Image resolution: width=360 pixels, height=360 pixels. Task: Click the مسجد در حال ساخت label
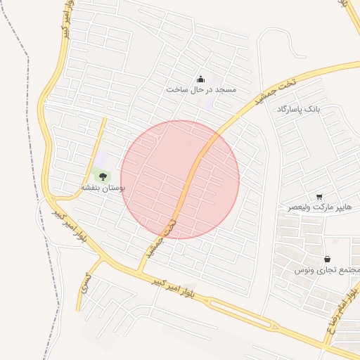202,89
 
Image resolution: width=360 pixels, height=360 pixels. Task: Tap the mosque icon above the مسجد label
200,79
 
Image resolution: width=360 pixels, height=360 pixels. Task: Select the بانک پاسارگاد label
298,110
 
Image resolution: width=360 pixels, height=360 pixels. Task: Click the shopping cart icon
320,197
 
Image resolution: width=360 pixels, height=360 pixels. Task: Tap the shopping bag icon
328,259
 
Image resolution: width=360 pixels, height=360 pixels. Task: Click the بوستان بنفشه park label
103,188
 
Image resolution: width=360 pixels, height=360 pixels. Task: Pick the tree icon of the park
103,176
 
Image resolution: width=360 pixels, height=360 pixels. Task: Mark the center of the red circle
180,179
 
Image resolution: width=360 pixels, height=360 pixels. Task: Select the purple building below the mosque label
209,103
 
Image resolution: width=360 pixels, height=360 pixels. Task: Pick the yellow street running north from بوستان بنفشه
101,137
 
